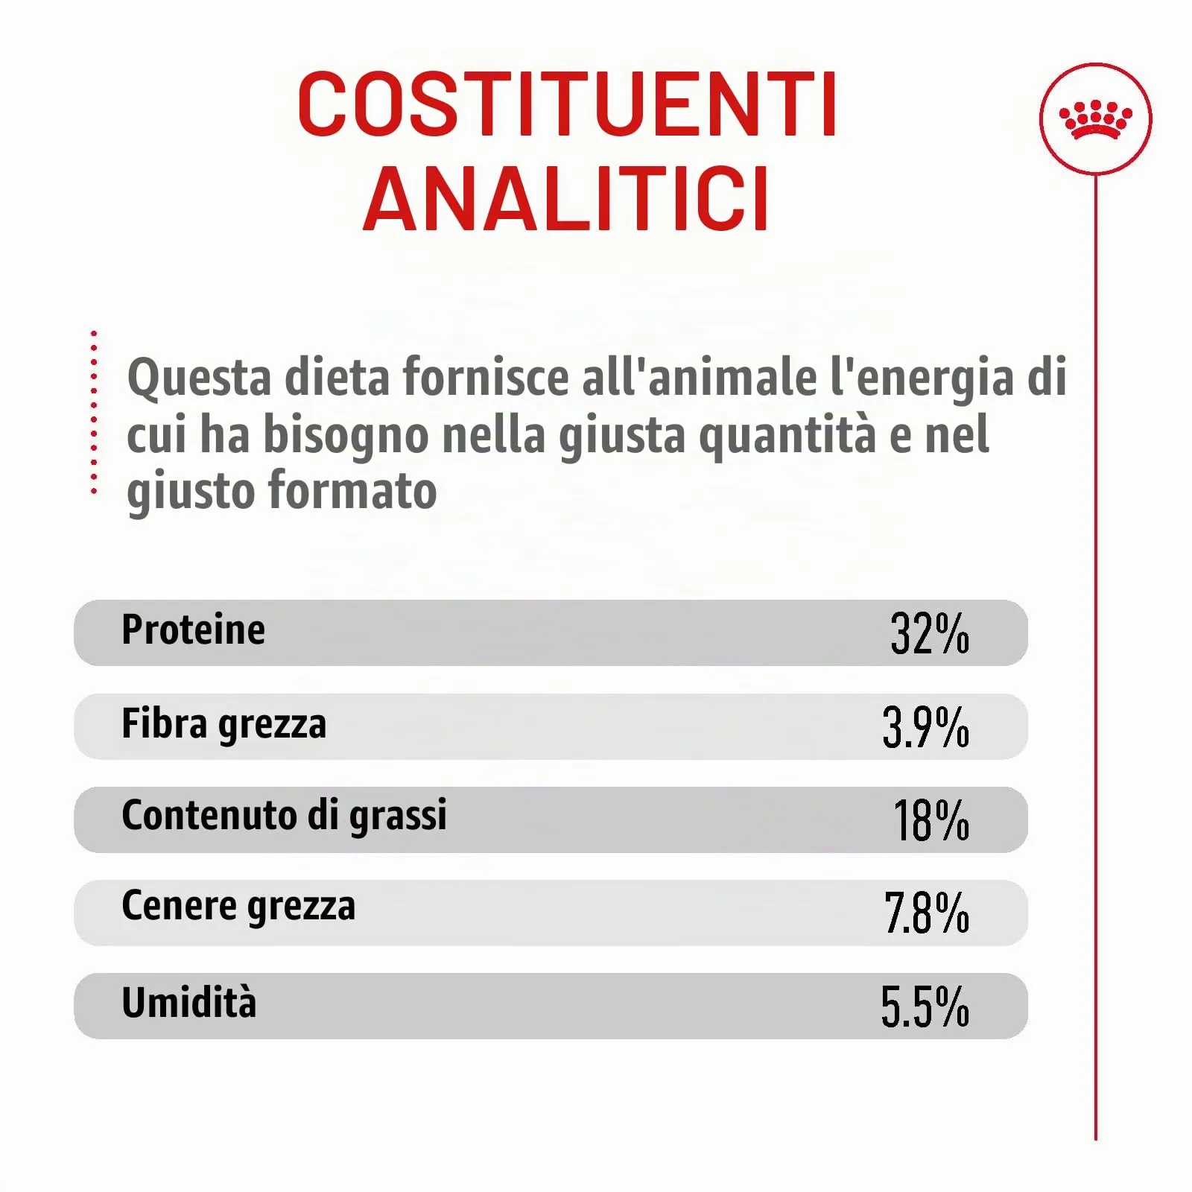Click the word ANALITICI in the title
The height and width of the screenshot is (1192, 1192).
coord(566,199)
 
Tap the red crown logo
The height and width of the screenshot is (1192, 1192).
coord(1095,120)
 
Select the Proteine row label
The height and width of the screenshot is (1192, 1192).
coord(193,630)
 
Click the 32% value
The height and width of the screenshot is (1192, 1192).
coord(930,634)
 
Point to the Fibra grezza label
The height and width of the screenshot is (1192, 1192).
coord(223,724)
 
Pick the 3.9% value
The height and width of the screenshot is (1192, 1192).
coord(926,727)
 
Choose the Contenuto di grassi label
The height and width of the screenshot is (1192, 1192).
coord(284,815)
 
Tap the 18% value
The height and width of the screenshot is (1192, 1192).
coord(931,820)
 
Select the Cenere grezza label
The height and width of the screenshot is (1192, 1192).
coord(238,907)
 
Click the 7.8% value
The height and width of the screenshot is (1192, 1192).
coord(927,913)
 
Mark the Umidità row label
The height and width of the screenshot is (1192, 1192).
coord(189,1002)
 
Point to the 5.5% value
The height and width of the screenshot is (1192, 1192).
coord(925,1006)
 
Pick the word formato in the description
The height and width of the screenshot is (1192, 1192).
coord(352,491)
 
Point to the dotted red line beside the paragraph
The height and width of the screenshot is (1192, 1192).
coord(94,412)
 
